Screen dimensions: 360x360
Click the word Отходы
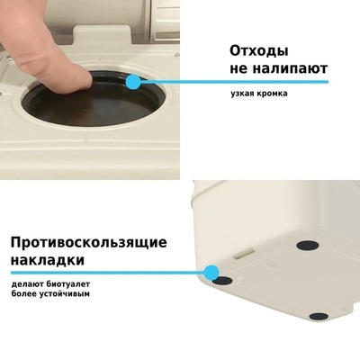259,51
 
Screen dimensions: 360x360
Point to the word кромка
272,94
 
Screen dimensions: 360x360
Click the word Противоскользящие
89,242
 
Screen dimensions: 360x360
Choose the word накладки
48,260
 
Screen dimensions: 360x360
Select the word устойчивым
65,293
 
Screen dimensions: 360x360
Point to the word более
24,293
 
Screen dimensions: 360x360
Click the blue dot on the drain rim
133,82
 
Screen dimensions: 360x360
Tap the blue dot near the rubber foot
211,272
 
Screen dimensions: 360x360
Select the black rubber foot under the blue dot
223,281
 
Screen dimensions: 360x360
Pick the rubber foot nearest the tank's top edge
308,245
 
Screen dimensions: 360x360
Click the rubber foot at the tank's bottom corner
319,316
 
